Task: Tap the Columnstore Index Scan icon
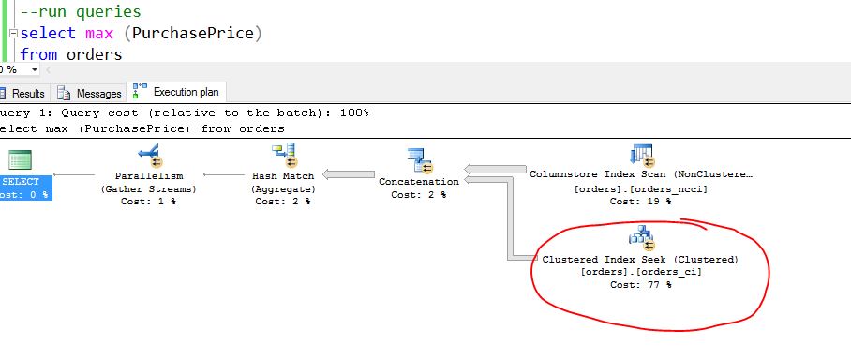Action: (642, 155)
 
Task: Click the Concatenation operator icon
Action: (418, 160)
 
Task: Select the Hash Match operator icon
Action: (283, 155)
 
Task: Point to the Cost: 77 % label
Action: (640, 284)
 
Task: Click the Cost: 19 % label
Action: (640, 201)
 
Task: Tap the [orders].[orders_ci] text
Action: (640, 272)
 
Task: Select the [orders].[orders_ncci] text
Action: (640, 188)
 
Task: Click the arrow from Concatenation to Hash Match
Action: (349, 174)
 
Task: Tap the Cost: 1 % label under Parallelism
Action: (148, 201)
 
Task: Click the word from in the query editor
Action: (38, 54)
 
